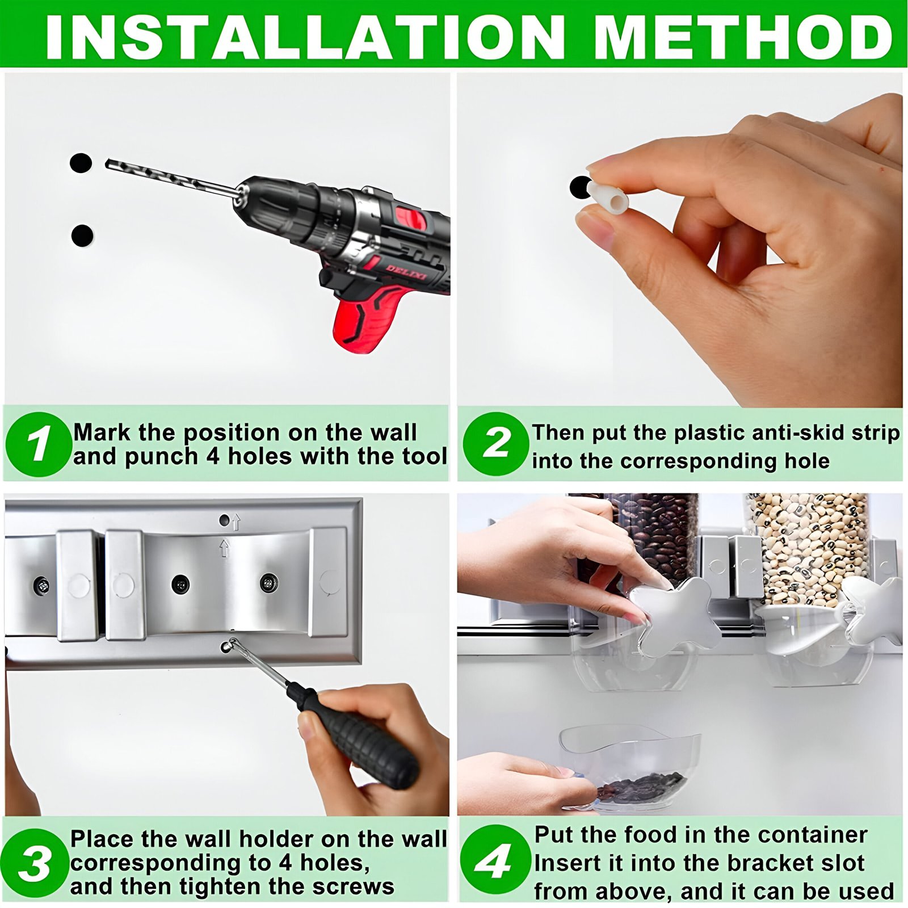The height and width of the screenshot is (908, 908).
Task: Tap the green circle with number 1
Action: coord(38,444)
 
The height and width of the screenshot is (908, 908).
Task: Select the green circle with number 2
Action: coord(495,444)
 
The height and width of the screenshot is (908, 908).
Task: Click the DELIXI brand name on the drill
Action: coord(408,272)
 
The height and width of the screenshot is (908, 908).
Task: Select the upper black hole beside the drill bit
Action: coord(81,163)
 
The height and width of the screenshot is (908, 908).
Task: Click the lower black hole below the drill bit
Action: coord(82,235)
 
